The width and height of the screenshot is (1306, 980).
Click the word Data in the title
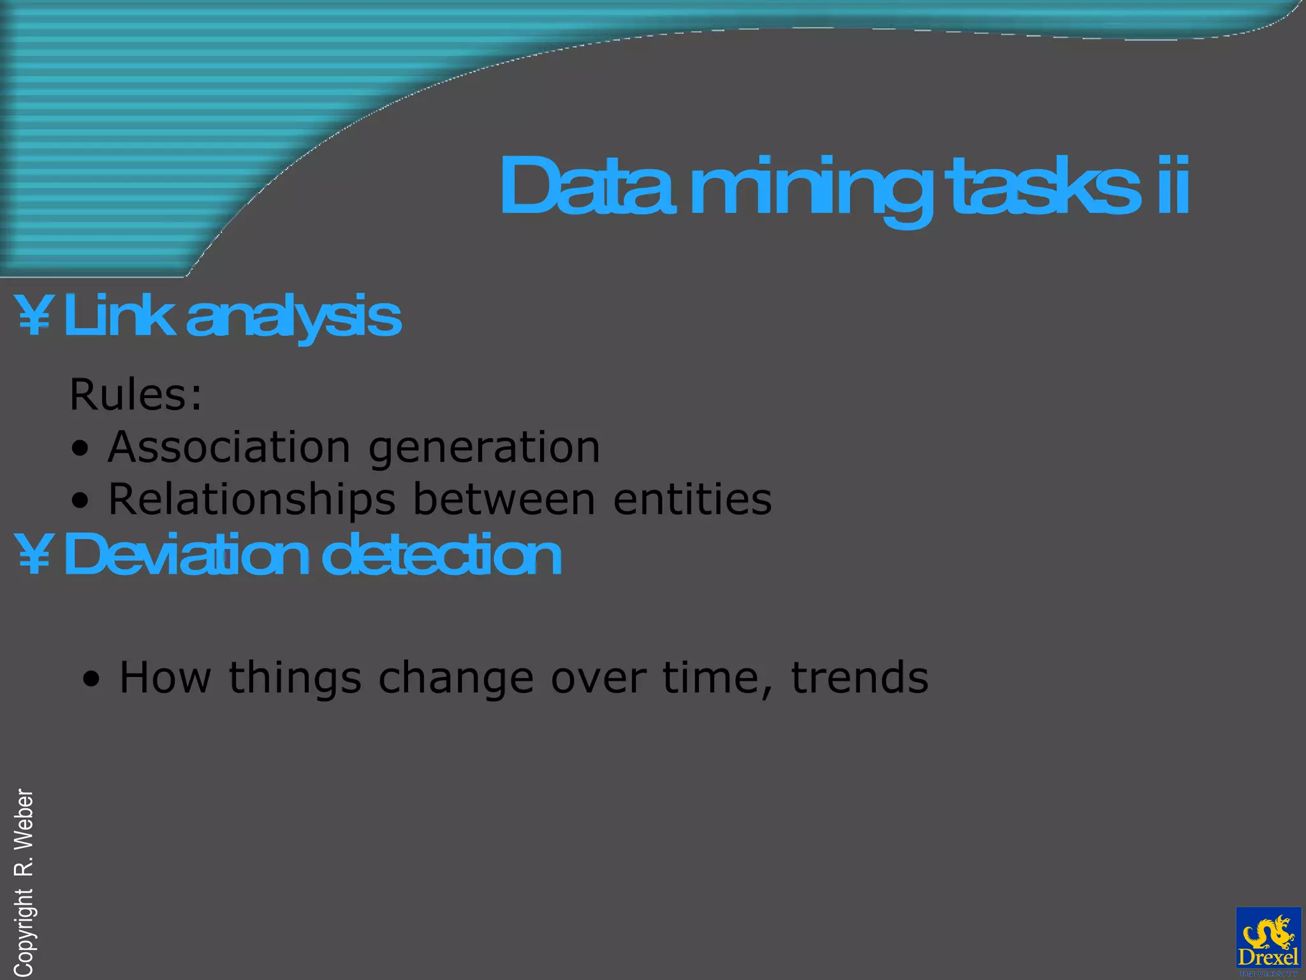pos(587,186)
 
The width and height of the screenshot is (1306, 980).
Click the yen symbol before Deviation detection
pos(34,554)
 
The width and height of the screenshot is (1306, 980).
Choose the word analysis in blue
pos(293,317)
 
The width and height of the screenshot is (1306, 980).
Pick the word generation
pos(484,449)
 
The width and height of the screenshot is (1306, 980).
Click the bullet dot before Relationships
pos(80,501)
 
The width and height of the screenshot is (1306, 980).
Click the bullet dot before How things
pos(92,679)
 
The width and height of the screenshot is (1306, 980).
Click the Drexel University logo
pos(1268,941)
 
